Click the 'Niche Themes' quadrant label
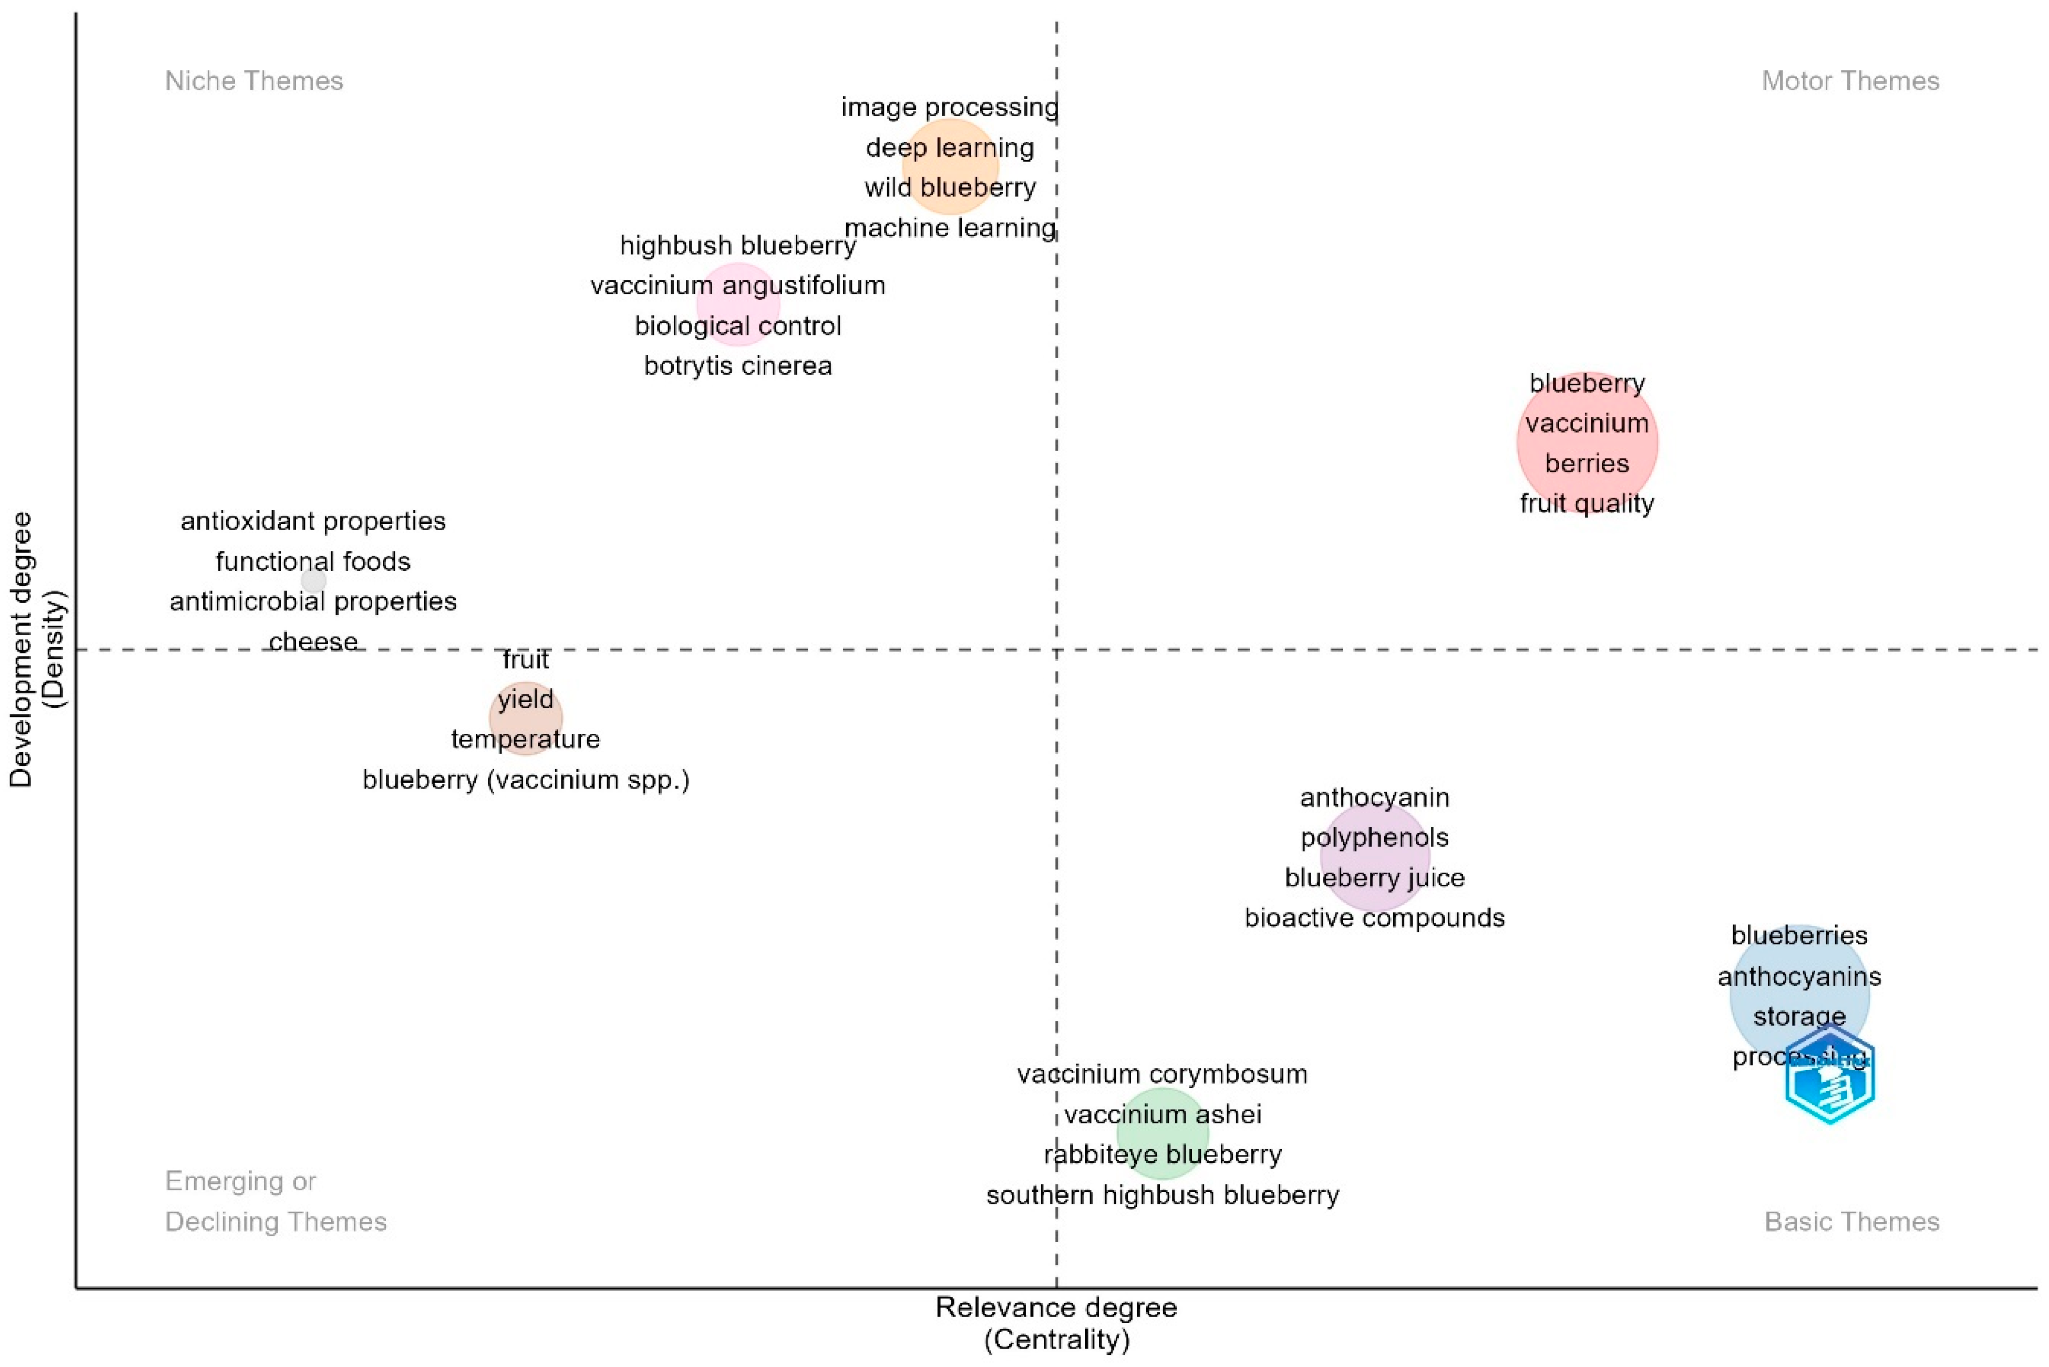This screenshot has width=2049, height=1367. [x=254, y=81]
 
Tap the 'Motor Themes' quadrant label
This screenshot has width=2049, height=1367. [x=1850, y=81]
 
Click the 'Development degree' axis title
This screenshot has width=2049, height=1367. [x=21, y=650]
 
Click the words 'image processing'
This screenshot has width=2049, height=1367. [x=949, y=107]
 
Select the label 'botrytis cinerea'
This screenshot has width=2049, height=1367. [x=737, y=365]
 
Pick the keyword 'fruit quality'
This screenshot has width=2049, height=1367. [x=1586, y=503]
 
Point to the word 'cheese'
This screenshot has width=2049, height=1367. [x=313, y=642]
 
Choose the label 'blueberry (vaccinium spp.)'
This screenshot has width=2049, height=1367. [x=526, y=779]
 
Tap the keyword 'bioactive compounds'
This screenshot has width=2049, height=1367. [x=1374, y=917]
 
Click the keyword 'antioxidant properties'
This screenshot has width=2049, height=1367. [x=313, y=521]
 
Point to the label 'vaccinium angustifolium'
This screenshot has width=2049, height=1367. [x=737, y=285]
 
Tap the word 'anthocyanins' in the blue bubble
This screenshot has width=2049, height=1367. [x=1799, y=976]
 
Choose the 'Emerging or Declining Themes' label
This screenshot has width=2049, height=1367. [x=275, y=1201]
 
